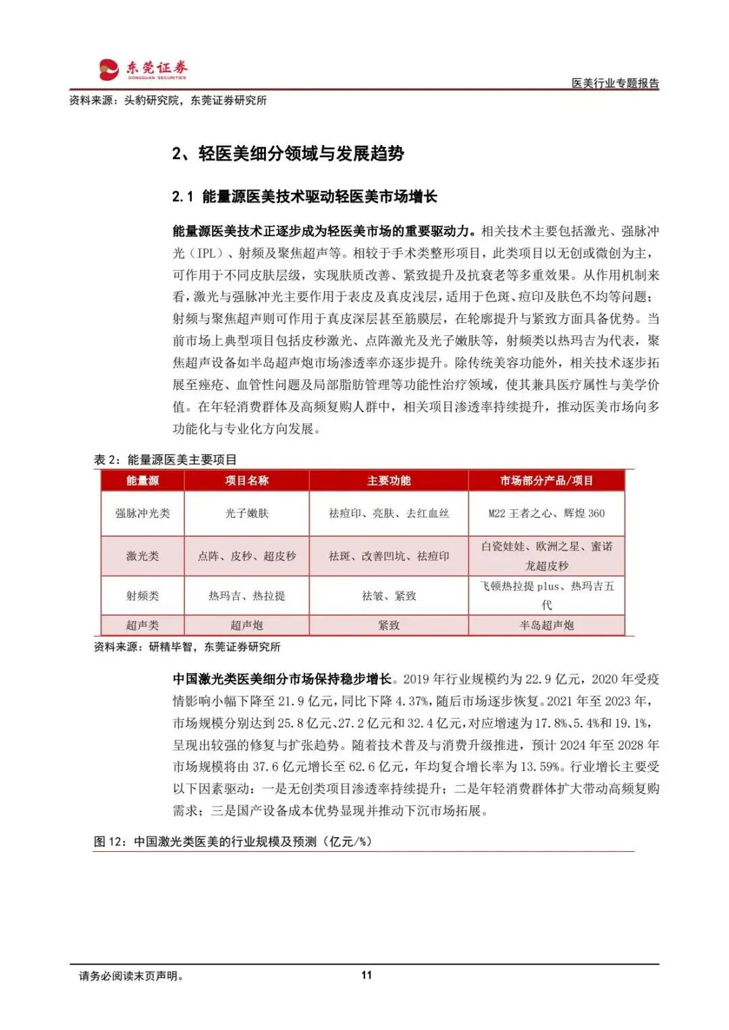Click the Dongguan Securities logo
tap(142, 69)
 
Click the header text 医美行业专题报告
tap(615, 83)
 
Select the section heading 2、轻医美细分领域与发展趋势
tap(288, 154)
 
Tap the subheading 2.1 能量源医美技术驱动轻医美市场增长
tap(304, 196)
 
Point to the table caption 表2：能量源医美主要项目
tap(165, 460)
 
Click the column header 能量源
tap(142, 481)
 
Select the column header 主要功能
tap(389, 481)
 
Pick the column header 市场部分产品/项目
tap(546, 481)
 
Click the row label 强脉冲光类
tap(142, 513)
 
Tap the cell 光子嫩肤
tap(246, 513)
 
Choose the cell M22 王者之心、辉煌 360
tap(546, 513)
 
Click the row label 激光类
tap(142, 556)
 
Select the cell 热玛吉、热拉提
tap(246, 596)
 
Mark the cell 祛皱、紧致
tap(389, 596)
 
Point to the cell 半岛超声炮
tap(546, 625)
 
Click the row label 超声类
tap(142, 625)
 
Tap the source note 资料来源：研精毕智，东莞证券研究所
tap(187, 647)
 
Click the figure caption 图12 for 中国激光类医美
tap(233, 842)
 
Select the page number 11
tap(367, 975)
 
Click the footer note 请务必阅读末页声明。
tap(132, 975)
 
